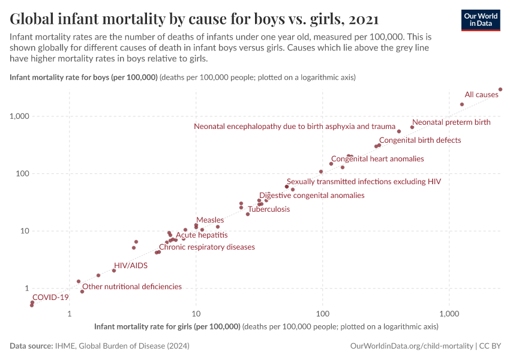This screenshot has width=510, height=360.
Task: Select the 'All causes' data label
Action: tap(481, 95)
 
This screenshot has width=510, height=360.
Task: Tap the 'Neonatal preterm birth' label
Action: tap(451, 122)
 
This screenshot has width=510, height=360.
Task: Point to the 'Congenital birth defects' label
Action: tap(420, 140)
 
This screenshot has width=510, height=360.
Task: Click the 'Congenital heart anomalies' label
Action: tap(377, 159)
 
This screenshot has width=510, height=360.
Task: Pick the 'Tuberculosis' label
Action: tap(269, 209)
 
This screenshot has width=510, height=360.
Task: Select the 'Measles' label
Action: tap(210, 221)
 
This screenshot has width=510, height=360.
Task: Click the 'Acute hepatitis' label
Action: tap(202, 235)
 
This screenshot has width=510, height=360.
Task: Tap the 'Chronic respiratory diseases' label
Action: tap(206, 247)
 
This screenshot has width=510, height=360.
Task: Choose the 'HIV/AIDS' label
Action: tap(131, 265)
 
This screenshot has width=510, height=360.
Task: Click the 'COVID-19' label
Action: tap(50, 297)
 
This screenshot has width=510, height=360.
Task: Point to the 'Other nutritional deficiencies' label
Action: tap(132, 287)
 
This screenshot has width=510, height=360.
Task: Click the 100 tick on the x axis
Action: tap(323, 314)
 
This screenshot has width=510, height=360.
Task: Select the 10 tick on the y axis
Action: tap(23, 231)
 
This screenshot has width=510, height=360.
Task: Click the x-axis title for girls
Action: tap(167, 327)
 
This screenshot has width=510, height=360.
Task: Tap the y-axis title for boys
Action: tap(84, 77)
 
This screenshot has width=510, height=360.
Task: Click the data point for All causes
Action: tap(500, 89)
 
